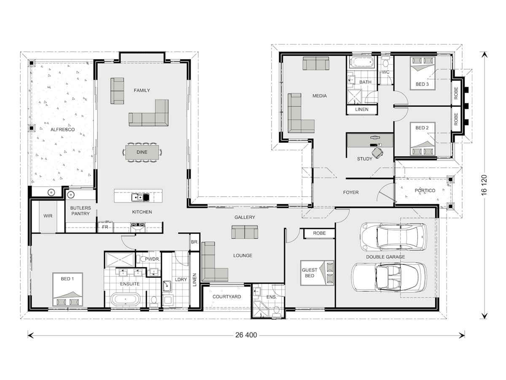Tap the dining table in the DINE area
[x=142, y=152]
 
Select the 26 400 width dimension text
[x=246, y=335]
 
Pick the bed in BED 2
[x=423, y=139]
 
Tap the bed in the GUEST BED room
[x=318, y=273]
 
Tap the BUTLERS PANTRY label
[x=80, y=211]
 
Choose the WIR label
[x=48, y=216]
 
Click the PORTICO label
[x=425, y=190]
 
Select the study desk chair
[x=377, y=152]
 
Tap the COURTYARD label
[x=226, y=297]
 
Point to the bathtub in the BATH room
[x=362, y=63]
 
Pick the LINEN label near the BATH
[x=361, y=109]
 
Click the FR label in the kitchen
[x=105, y=227]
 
